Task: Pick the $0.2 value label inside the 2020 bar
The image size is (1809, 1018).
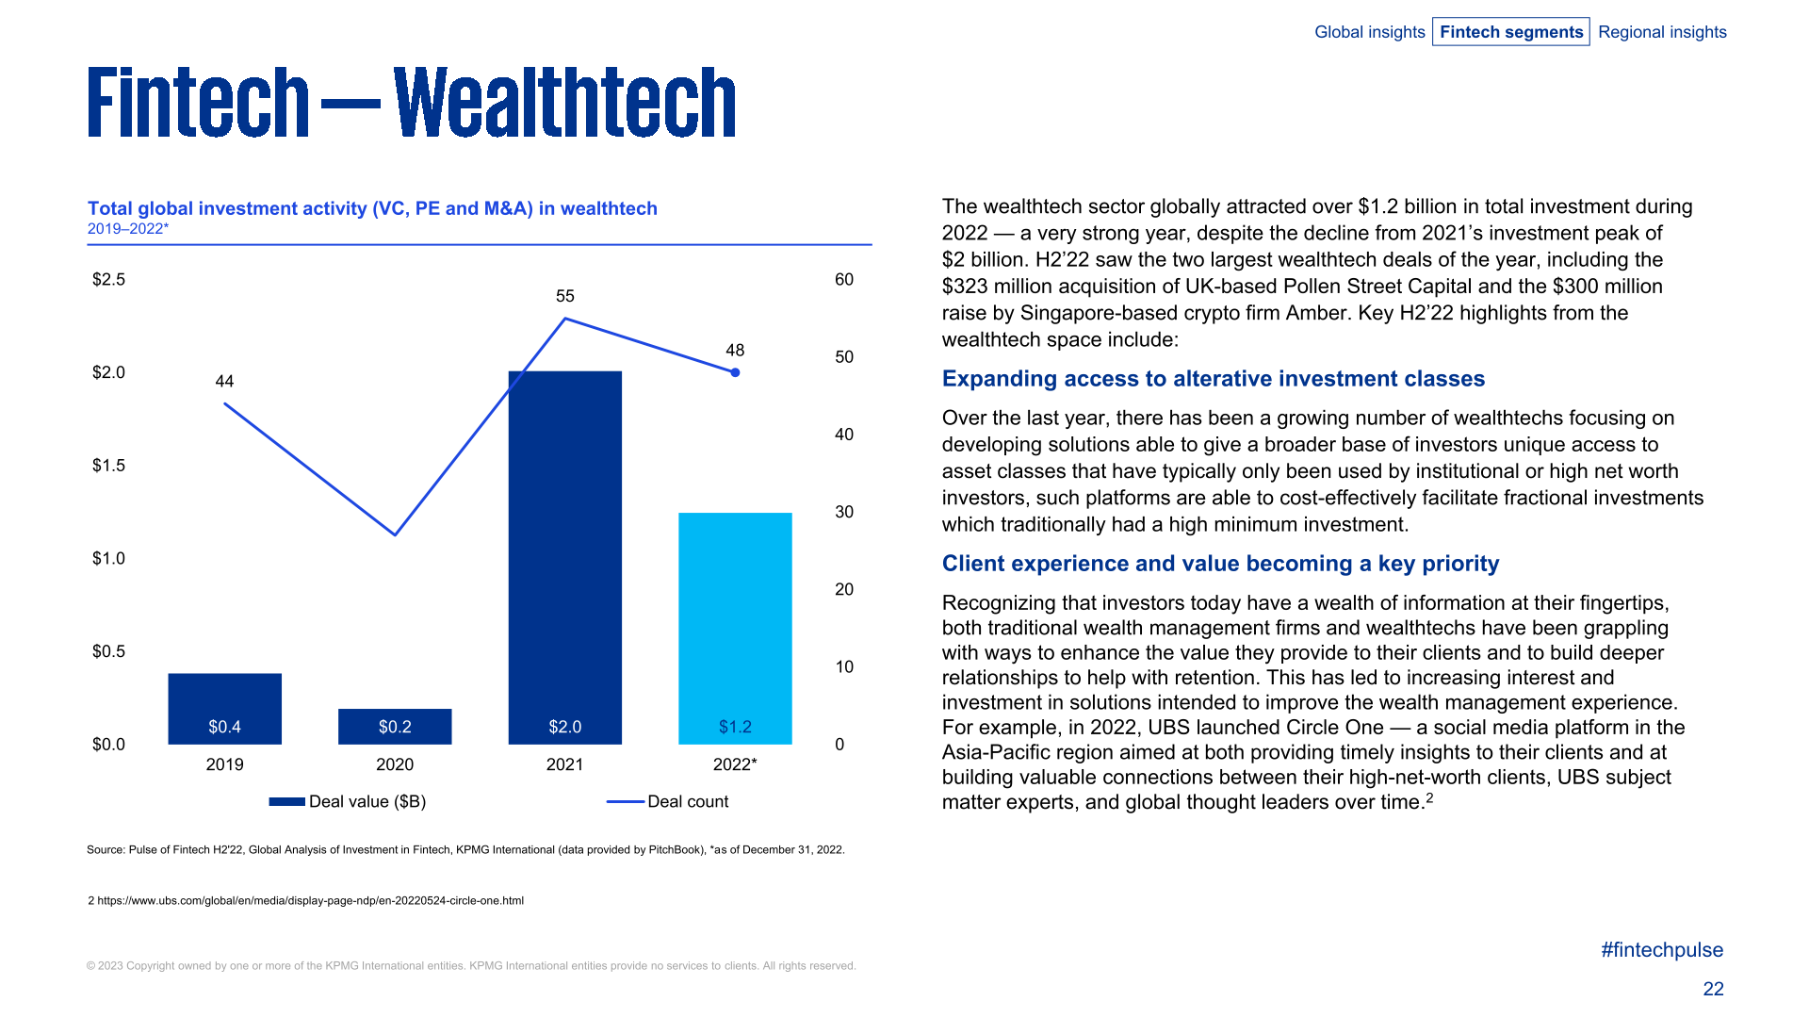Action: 395,727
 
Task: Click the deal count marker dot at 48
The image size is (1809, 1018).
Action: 735,372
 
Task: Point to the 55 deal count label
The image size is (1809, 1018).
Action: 564,296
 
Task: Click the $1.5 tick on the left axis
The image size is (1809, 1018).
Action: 108,466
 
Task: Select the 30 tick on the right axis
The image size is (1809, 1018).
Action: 843,512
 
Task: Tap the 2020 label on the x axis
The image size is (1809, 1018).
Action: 395,764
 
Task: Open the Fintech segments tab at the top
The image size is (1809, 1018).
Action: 1510,32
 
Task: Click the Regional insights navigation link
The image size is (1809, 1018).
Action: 1662,32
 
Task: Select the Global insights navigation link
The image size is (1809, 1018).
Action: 1369,32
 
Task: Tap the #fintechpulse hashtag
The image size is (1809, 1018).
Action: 1661,950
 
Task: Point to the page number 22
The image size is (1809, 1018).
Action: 1713,989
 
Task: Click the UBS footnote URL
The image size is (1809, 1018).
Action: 310,900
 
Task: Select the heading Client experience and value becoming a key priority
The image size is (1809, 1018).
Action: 1220,564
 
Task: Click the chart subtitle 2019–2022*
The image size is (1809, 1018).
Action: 128,229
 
